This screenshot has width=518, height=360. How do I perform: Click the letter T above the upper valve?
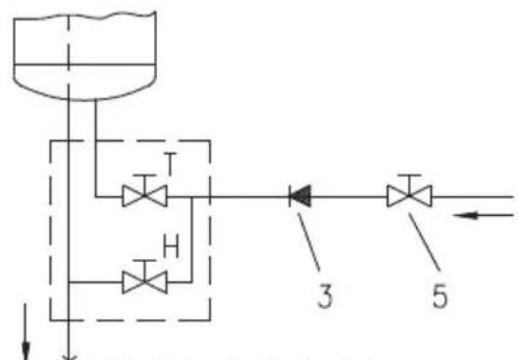[170, 164]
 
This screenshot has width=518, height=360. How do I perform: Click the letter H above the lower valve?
[171, 246]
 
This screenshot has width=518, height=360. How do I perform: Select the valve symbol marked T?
[144, 191]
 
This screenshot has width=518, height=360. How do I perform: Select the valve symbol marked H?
[144, 277]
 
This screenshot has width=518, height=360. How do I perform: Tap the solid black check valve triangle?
[300, 196]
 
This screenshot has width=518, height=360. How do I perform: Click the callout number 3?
[325, 296]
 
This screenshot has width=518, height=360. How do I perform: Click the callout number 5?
[440, 296]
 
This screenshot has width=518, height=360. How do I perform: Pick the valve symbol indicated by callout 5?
[409, 191]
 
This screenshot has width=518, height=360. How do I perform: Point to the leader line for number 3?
[309, 241]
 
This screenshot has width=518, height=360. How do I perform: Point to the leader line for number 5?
[425, 241]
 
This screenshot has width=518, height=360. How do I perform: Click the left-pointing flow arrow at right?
[484, 216]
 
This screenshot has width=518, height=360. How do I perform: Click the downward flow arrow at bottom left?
[26, 332]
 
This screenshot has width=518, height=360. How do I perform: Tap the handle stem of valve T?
[144, 185]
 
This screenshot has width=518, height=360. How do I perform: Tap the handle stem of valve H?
[144, 271]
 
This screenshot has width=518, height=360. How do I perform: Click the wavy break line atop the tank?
[85, 16]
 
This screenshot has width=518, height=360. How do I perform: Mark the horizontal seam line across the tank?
[84, 64]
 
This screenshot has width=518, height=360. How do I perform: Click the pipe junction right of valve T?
[192, 197]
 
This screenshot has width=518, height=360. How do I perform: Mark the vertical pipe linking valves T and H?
[192, 239]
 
